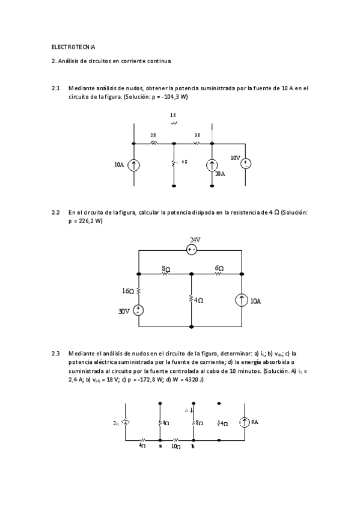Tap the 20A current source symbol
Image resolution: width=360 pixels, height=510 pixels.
(212, 165)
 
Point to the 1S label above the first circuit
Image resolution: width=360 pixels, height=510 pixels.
(173, 114)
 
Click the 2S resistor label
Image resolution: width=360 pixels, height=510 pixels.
(153, 136)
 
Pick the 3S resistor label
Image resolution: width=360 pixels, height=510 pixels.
(197, 136)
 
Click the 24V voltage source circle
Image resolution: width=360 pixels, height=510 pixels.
(192, 250)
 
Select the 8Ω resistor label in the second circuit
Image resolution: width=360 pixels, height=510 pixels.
(165, 268)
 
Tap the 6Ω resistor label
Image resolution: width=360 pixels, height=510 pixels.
(219, 268)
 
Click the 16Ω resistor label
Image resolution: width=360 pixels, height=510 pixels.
(128, 290)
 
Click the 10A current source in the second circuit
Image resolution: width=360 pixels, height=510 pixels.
(241, 301)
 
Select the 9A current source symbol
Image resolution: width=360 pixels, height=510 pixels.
(245, 423)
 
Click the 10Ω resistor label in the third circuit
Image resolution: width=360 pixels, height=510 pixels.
(175, 447)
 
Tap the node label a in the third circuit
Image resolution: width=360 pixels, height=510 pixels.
(160, 447)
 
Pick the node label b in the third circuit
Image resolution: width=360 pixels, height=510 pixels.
(192, 447)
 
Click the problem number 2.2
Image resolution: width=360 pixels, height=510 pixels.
(56, 212)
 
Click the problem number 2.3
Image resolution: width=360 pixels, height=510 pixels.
(56, 353)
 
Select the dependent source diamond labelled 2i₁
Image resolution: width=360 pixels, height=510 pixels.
(126, 423)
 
